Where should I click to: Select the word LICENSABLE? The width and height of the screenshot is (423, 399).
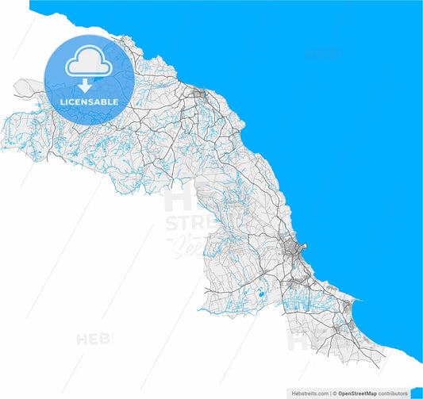click(x=89, y=102)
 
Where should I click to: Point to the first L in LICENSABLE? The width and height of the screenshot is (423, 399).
click(x=62, y=102)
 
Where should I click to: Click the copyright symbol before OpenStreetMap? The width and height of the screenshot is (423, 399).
click(x=336, y=393)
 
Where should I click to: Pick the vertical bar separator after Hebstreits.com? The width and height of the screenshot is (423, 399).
click(x=330, y=393)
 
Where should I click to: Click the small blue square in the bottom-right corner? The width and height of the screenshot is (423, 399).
click(x=416, y=393)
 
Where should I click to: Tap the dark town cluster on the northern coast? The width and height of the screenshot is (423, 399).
click(x=199, y=97)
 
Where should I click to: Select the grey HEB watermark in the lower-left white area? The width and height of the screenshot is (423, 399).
click(x=94, y=340)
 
